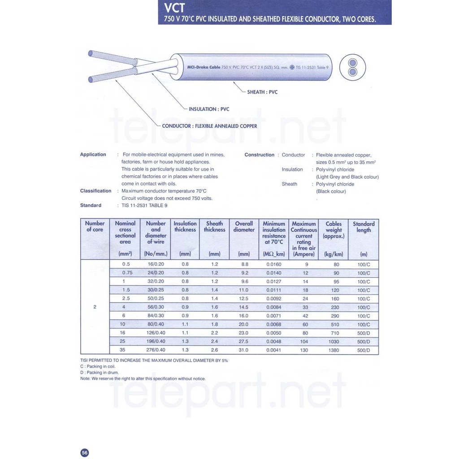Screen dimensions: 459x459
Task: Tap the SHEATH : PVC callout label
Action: coord(262,92)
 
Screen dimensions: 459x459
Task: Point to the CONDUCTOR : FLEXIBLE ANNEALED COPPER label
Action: coord(209,126)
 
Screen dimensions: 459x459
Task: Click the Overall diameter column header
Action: coord(244,227)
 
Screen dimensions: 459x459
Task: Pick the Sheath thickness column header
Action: coord(214,227)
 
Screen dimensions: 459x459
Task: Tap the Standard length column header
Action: coord(364,227)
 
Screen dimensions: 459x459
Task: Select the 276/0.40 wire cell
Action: coord(156,350)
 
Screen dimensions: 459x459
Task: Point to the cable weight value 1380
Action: coord(333,350)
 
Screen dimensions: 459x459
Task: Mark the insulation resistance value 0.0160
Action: coord(274,264)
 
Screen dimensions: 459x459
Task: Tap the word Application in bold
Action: coord(93,155)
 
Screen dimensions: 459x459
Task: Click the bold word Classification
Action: coord(95,191)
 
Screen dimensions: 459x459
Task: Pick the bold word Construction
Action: coord(259,155)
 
